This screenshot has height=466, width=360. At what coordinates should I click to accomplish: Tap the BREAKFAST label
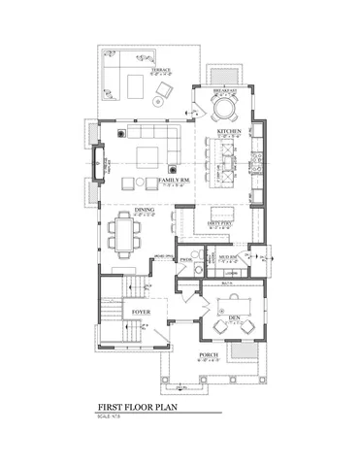pyautogui.click(x=226, y=87)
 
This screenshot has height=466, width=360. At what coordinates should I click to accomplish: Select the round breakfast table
pyautogui.click(x=224, y=105)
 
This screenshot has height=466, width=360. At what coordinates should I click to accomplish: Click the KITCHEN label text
pyautogui.click(x=229, y=130)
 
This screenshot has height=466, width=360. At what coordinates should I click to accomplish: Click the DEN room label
pyautogui.click(x=233, y=314)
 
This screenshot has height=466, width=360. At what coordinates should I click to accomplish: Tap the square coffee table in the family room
pyautogui.click(x=148, y=155)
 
